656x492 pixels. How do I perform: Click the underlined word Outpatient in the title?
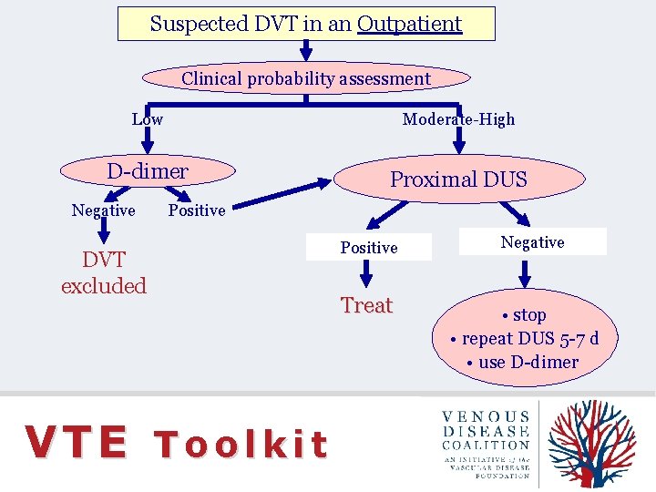click(410, 24)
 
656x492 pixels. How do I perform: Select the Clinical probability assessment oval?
click(306, 78)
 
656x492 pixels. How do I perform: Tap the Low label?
click(147, 119)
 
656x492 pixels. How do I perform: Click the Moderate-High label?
click(458, 119)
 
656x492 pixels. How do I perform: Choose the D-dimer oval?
click(148, 171)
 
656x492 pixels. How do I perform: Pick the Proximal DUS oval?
click(458, 179)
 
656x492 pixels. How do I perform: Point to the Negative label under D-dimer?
click(103, 210)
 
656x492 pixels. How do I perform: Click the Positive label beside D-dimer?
click(197, 210)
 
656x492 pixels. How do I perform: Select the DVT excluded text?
click(104, 272)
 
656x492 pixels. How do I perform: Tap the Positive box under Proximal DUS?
click(369, 248)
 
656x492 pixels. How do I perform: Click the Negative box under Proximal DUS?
click(532, 242)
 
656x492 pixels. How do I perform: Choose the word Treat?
click(366, 306)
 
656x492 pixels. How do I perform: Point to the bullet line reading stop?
click(524, 315)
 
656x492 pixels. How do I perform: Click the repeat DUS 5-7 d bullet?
click(525, 339)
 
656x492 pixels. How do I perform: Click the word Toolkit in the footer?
click(241, 445)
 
